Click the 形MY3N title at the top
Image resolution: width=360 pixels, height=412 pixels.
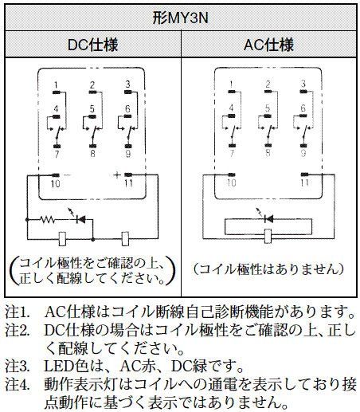pyautogui.click(x=180, y=18)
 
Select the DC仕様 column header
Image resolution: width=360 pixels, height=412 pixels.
pyautogui.click(x=92, y=45)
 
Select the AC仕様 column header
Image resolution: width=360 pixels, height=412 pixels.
pyautogui.click(x=268, y=45)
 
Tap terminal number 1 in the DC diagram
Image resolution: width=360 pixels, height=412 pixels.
pyautogui.click(x=56, y=85)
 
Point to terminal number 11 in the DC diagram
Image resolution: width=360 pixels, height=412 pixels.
pyautogui.click(x=129, y=183)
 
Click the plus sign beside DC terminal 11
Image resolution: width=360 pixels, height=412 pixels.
pyautogui.click(x=117, y=175)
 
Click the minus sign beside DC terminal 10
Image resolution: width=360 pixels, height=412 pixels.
pyautogui.click(x=67, y=175)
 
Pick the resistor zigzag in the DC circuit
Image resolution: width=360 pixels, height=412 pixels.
pyautogui.click(x=47, y=219)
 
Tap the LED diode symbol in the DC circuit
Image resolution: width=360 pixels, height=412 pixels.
pyautogui.click(x=80, y=219)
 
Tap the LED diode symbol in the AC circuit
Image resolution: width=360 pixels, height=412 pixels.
pyautogui.click(x=268, y=219)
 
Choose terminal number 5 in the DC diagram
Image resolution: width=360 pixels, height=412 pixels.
pyautogui.click(x=92, y=109)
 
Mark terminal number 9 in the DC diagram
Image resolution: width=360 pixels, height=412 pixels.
pyautogui.click(x=128, y=154)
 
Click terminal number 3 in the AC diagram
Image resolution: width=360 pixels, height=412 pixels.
pyautogui.click(x=303, y=84)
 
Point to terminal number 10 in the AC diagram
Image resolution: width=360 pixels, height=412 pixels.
pyautogui.click(x=232, y=182)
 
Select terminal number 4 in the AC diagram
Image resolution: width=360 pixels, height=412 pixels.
pyautogui.click(x=231, y=108)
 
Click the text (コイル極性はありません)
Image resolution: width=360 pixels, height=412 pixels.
pyautogui.click(x=268, y=269)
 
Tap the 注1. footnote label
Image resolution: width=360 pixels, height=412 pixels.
pyautogui.click(x=18, y=312)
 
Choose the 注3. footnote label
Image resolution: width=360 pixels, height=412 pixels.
pyautogui.click(x=18, y=366)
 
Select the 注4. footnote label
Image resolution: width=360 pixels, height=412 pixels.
pyautogui.click(x=18, y=384)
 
